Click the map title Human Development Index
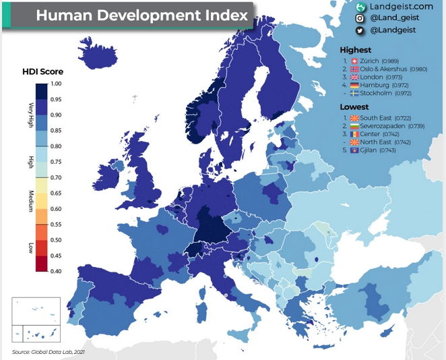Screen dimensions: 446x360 pos(142,16)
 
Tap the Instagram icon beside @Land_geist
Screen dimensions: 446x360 pos(360,18)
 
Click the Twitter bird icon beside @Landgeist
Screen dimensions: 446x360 pos(360,30)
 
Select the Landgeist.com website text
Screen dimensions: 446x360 pos(402,7)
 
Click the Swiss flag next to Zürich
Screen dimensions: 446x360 pos(354,61)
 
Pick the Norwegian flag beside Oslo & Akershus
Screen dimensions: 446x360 pos(354,69)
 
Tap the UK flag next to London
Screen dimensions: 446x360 pos(354,77)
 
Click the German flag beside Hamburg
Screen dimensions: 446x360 pos(354,85)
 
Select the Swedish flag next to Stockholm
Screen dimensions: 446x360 pos(354,93)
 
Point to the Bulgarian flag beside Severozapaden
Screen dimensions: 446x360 pos(354,126)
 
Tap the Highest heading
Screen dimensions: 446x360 pos(356,50)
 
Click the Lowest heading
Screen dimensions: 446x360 pos(354,107)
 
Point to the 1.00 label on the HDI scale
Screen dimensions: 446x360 pos(56,84)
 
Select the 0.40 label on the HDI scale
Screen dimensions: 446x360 pos(56,271)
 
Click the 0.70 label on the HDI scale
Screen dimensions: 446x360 pos(56,177)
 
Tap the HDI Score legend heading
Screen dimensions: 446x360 pos(42,71)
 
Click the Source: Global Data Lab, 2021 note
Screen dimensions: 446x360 pos(49,352)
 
